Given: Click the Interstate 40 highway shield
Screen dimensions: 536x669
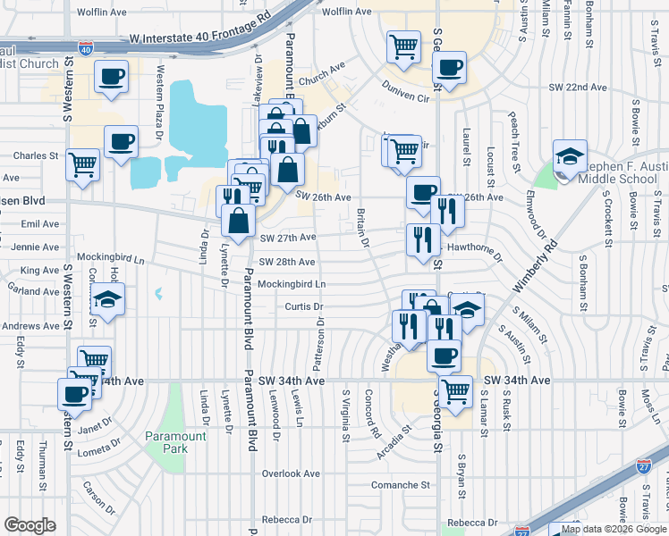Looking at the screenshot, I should click(85, 48).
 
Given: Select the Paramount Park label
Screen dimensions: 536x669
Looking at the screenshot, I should click(175, 441).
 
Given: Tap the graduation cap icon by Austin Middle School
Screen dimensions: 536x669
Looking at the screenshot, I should click(569, 157).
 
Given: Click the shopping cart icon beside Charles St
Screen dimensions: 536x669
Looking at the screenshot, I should click(83, 165).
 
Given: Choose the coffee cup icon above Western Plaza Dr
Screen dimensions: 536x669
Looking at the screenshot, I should click(112, 77).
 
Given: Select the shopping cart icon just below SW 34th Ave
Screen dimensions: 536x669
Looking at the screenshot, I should click(456, 390).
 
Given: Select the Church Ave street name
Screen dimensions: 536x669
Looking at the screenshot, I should click(322, 79).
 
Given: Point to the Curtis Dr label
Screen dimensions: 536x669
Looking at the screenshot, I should click(303, 306).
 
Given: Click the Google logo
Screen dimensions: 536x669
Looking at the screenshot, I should click(30, 524).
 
